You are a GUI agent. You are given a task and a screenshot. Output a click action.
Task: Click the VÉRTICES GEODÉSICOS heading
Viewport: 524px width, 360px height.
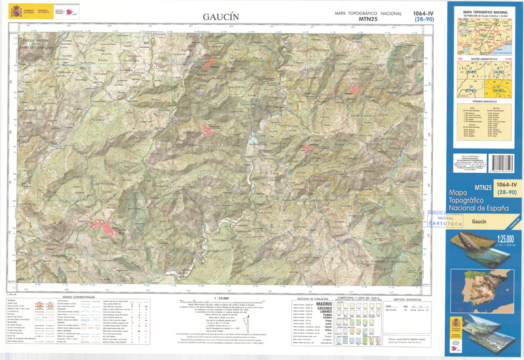point(406,297)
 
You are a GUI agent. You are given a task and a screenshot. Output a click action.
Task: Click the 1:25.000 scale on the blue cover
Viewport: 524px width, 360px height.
point(504,238)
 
